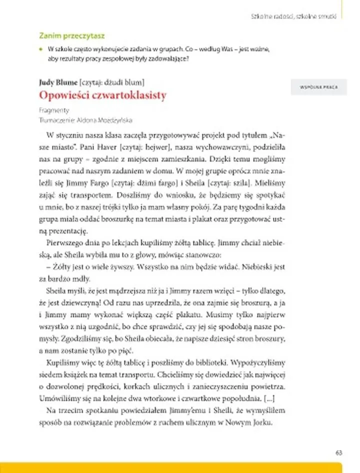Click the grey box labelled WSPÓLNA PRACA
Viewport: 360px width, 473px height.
pyautogui.click(x=316, y=86)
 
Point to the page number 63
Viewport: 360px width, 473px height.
pyautogui.click(x=338, y=452)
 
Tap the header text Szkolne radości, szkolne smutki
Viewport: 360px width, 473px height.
pyautogui.click(x=293, y=15)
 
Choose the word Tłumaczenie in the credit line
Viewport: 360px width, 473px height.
pyautogui.click(x=53, y=119)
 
